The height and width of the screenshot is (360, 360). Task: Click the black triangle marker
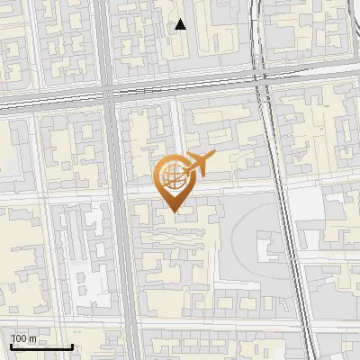coord(181,24)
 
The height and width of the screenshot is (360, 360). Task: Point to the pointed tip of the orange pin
coord(174,212)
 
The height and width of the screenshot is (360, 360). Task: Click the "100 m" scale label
coord(23,338)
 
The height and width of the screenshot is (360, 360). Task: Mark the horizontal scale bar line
coord(41,346)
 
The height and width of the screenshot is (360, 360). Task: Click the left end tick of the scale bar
coord(11,345)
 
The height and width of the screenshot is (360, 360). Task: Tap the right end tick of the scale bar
coord(72,345)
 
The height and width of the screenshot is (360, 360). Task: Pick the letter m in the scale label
coord(32,338)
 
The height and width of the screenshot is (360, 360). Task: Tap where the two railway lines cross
coord(262,79)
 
